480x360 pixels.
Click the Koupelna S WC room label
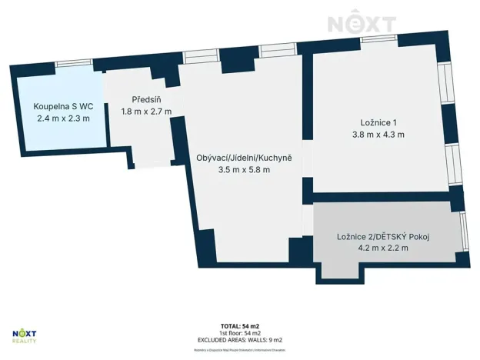(63, 106)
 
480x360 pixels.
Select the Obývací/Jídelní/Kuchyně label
(244, 158)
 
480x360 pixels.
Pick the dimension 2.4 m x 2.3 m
(63, 118)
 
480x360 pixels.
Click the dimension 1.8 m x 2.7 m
(145, 112)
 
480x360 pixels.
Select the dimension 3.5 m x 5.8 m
(244, 170)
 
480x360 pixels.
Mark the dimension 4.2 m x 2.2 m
(382, 248)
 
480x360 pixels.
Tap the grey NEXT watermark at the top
(362, 23)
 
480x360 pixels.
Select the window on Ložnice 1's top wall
(377, 38)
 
